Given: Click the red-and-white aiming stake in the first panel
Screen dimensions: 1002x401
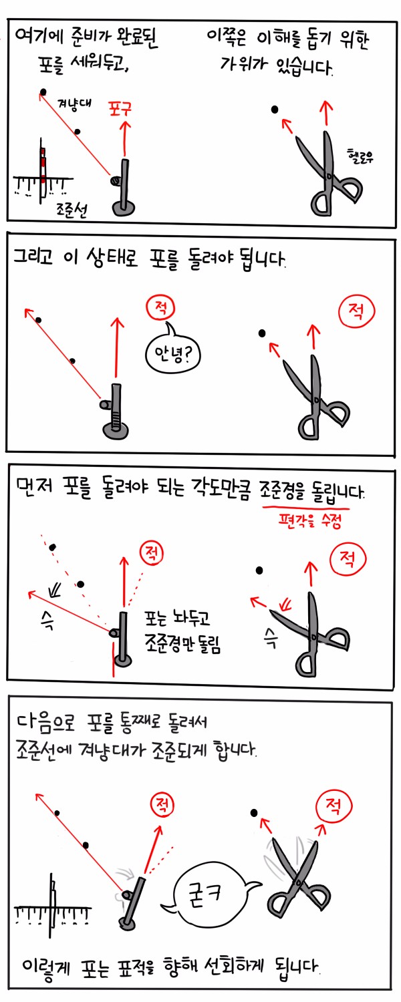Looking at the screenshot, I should (41, 167).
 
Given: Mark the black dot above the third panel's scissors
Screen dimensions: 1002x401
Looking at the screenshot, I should (259, 570).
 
